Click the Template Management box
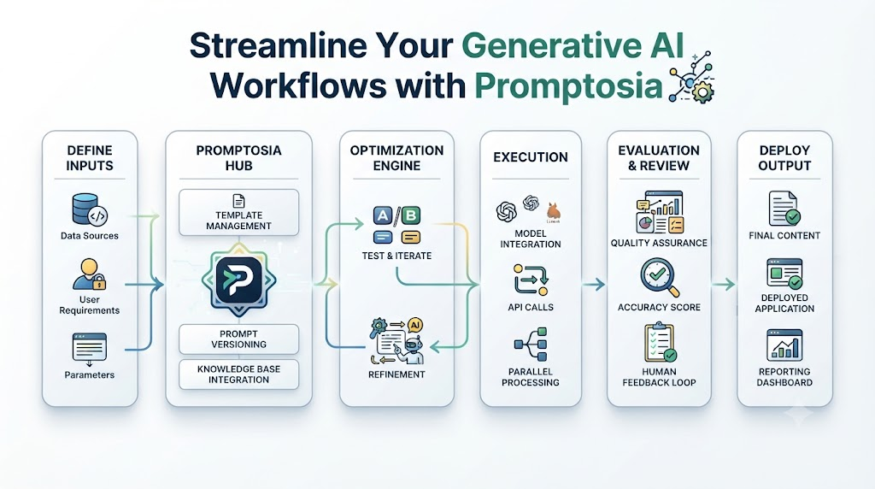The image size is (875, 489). pos(239,213)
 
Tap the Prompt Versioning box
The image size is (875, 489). pos(239,339)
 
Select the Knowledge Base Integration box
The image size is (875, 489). pos(239,374)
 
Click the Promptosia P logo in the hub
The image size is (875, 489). pos(239,280)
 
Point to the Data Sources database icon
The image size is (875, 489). pos(89,209)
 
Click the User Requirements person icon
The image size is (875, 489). pos(89,274)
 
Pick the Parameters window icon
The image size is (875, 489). pos(89,348)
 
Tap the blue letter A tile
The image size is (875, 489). pos(383,215)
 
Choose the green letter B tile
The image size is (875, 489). pos(411,215)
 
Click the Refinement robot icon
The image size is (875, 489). pos(397,341)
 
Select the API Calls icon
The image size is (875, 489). pos(531,280)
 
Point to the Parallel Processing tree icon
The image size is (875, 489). pos(531,345)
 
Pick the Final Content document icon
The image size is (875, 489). pos(784,209)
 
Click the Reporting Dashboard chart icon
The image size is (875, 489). pos(784,345)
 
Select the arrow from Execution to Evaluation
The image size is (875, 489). pos(594,285)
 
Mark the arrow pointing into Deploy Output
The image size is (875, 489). pos(723,285)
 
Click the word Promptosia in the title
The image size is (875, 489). pos(568,86)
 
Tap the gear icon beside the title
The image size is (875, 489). pos(702,92)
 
